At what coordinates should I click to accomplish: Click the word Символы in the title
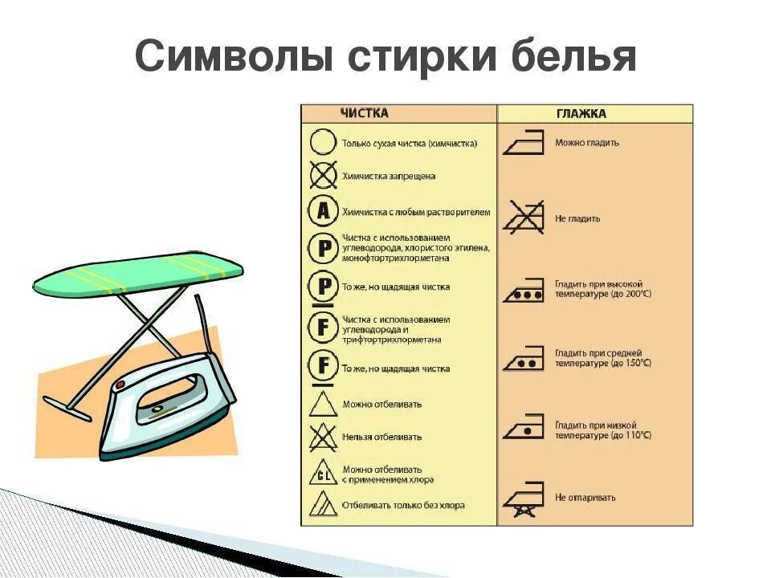pyautogui.click(x=234, y=58)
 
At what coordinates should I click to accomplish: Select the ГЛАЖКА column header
pyautogui.click(x=581, y=114)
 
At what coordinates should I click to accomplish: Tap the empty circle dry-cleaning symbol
pyautogui.click(x=322, y=144)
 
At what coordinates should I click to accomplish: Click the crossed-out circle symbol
pyautogui.click(x=322, y=175)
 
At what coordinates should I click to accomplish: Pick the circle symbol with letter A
pyautogui.click(x=322, y=212)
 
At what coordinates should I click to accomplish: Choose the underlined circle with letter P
pyautogui.click(x=323, y=287)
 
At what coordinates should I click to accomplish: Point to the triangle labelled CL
pyautogui.click(x=323, y=474)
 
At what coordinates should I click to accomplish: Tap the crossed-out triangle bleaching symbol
pyautogui.click(x=323, y=437)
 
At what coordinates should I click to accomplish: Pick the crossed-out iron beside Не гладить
pyautogui.click(x=524, y=218)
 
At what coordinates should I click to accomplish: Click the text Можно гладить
pyautogui.click(x=587, y=143)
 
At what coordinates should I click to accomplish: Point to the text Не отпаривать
pyautogui.click(x=585, y=498)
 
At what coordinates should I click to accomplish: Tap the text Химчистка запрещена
pyautogui.click(x=389, y=176)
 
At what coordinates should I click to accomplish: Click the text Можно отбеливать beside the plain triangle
pyautogui.click(x=381, y=404)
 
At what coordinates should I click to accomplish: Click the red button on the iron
pyautogui.click(x=121, y=386)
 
